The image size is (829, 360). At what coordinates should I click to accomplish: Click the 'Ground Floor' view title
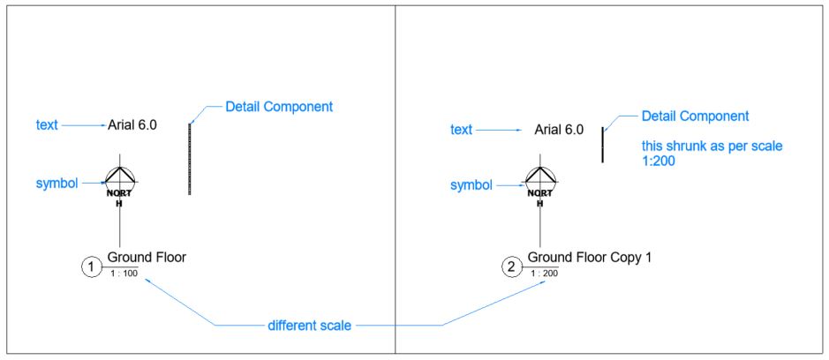point(147,258)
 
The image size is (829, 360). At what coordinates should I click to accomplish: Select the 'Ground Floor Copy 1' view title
point(589,258)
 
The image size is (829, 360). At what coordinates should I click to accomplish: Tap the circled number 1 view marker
point(92,266)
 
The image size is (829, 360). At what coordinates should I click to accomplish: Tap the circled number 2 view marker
point(512,266)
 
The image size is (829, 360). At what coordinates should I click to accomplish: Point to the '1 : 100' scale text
point(124,274)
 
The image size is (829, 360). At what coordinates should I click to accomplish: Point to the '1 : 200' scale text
point(544,274)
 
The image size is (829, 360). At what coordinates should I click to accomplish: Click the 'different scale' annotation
point(309,326)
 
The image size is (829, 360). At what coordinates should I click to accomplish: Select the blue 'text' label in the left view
point(47,125)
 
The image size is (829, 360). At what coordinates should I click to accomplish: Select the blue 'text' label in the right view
point(461,131)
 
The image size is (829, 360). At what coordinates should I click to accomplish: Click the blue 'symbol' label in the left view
point(57,184)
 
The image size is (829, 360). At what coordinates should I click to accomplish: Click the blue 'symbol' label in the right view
point(471,185)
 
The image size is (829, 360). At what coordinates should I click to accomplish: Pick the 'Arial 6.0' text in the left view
point(132,125)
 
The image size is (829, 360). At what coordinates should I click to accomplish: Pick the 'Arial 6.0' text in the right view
point(559,131)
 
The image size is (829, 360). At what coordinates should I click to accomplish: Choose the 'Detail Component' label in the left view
point(279,107)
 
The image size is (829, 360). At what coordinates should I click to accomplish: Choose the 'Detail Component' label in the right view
point(695,116)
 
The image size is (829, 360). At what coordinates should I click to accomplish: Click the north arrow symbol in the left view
point(119,181)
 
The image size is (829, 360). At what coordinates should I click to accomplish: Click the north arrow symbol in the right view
point(539,181)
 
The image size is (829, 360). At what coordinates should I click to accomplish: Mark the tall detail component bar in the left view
point(190,158)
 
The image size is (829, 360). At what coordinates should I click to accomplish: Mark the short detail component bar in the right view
point(603,144)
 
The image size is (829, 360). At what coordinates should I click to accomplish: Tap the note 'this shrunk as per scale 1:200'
point(700,153)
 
